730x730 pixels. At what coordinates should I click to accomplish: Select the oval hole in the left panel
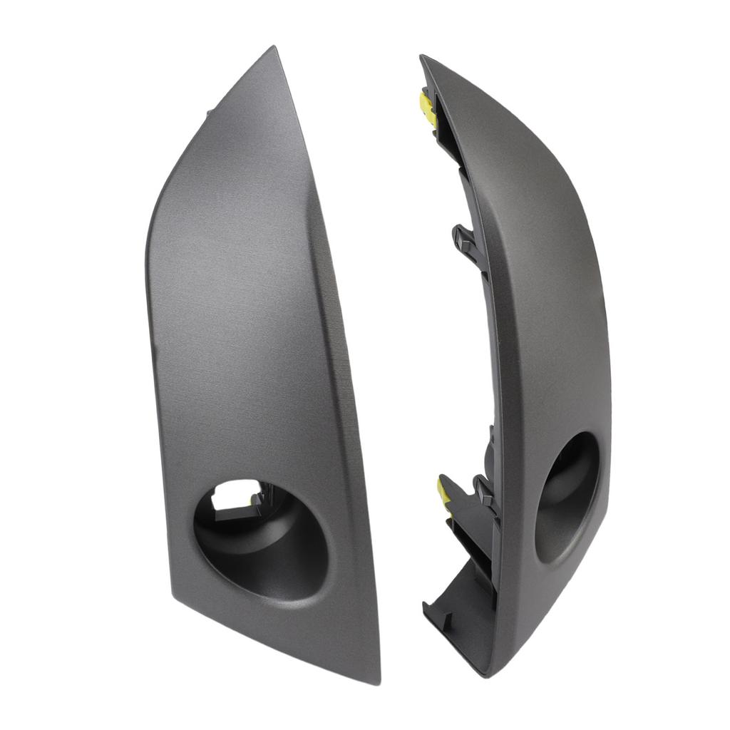click(261, 538)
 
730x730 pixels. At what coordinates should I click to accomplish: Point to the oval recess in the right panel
click(567, 496)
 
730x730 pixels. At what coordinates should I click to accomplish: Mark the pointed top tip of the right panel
click(422, 57)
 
